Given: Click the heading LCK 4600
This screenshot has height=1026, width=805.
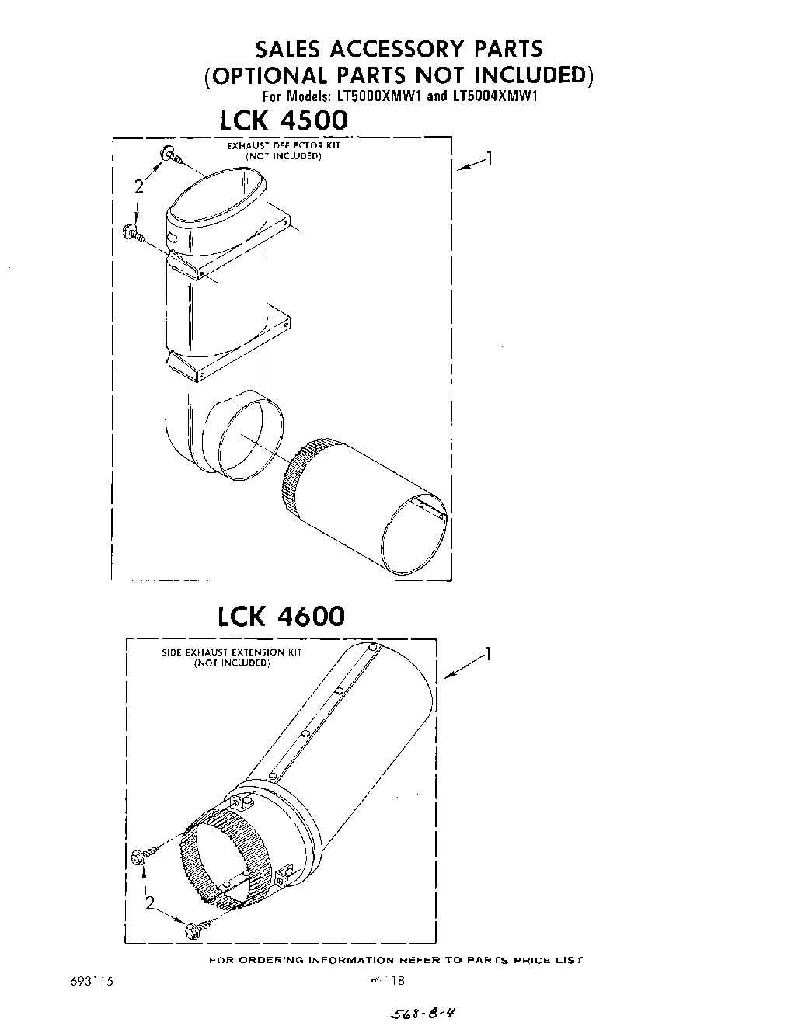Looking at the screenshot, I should [x=281, y=616].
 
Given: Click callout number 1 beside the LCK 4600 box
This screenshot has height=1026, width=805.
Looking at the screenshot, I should [x=488, y=654].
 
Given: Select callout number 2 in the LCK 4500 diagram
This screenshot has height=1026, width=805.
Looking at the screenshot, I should [x=138, y=186].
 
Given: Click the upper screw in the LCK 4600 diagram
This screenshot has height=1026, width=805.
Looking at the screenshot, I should [x=143, y=857].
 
